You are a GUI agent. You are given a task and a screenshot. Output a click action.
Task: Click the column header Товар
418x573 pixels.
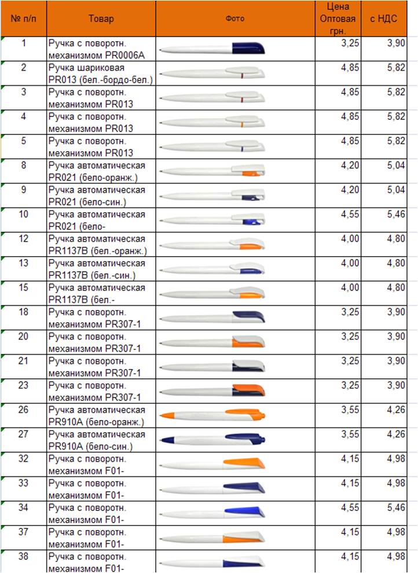(x=101, y=19)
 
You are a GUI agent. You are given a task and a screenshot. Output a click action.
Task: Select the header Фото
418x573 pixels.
(x=234, y=19)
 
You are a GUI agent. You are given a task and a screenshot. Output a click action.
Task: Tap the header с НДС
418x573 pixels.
(x=383, y=19)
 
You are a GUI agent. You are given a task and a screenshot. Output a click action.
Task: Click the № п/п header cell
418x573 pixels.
(x=24, y=19)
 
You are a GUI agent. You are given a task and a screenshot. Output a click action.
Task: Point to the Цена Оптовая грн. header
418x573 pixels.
(x=338, y=19)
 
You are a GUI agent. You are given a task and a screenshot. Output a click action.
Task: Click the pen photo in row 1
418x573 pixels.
(x=212, y=49)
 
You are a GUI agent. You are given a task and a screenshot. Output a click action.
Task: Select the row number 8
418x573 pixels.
(x=24, y=165)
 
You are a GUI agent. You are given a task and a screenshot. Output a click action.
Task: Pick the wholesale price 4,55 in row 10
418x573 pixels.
(x=350, y=214)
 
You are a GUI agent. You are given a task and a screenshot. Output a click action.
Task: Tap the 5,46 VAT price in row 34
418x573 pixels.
(x=396, y=508)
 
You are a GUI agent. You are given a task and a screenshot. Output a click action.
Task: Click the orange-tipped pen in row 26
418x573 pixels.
(x=212, y=415)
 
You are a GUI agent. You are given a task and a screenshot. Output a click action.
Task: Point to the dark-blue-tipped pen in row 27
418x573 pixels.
(x=212, y=440)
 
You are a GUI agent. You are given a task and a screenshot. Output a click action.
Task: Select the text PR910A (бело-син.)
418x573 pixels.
(x=90, y=447)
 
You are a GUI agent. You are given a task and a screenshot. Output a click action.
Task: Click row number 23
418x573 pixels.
(x=23, y=385)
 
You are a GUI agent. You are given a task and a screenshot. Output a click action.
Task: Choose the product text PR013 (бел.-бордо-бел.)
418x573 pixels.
(x=101, y=80)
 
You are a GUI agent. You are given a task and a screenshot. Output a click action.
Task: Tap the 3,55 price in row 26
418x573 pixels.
(x=350, y=410)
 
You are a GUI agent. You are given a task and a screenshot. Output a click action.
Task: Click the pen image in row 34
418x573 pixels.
(x=212, y=513)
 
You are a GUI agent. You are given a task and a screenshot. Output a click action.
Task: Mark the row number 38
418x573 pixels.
(x=23, y=556)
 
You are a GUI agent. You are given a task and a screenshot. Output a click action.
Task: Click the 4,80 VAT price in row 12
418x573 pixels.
(x=396, y=239)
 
